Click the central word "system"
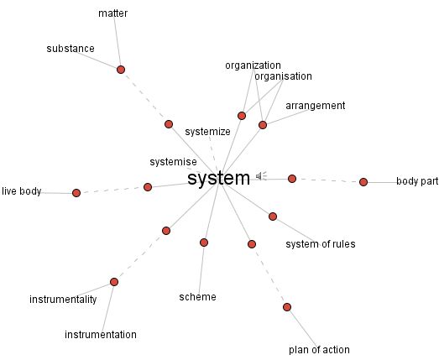pos(218,178)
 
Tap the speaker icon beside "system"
pos(261,175)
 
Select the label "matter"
pos(112,13)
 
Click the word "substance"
pos(71,49)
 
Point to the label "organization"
pos(253,65)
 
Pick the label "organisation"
pos(283,76)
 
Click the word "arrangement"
pos(316,106)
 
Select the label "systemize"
pos(207,132)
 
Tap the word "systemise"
pos(173,162)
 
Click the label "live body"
pos(22,191)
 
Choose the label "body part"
pos(417,181)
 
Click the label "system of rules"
pos(321,244)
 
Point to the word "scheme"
pos(197,297)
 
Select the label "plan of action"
pos(319,350)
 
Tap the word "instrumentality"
pos(63,300)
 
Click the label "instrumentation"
pos(101,335)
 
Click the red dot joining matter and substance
pos(121,70)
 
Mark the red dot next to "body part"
pos(363,182)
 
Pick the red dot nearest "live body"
pos(76,193)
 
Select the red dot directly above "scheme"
pos(204,243)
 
